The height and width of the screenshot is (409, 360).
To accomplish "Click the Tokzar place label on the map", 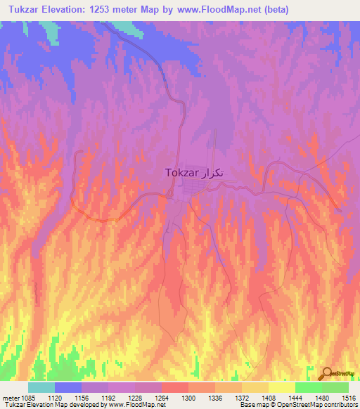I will [x=181, y=172].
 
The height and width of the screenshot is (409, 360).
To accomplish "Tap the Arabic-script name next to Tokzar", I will [x=214, y=173].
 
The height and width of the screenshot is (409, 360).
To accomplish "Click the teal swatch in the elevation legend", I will [x=41, y=387].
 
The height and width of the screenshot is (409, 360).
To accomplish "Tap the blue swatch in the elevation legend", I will [x=68, y=387].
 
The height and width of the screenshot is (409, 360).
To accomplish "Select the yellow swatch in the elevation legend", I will [x=281, y=387].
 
